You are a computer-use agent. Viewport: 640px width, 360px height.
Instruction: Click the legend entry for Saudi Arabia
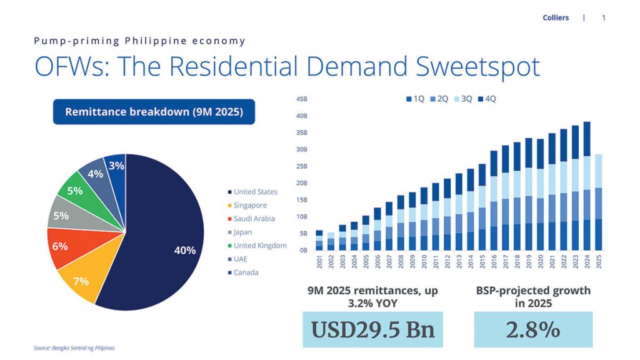(254, 219)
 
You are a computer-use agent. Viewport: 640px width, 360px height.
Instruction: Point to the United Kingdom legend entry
(259, 246)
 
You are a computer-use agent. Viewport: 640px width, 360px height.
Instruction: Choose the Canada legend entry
(246, 272)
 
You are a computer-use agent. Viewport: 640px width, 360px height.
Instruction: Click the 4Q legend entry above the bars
(487, 99)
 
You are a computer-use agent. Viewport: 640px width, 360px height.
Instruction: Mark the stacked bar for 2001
(319, 241)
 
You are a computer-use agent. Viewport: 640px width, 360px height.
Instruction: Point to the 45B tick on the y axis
(302, 99)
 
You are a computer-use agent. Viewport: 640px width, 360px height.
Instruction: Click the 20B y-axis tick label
(302, 183)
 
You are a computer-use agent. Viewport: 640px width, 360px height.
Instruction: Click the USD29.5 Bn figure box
(372, 329)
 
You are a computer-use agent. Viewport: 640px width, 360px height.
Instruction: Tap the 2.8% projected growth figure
(532, 329)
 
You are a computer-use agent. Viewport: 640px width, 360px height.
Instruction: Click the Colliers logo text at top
(556, 17)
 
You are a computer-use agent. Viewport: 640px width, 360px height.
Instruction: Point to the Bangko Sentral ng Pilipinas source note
(74, 348)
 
